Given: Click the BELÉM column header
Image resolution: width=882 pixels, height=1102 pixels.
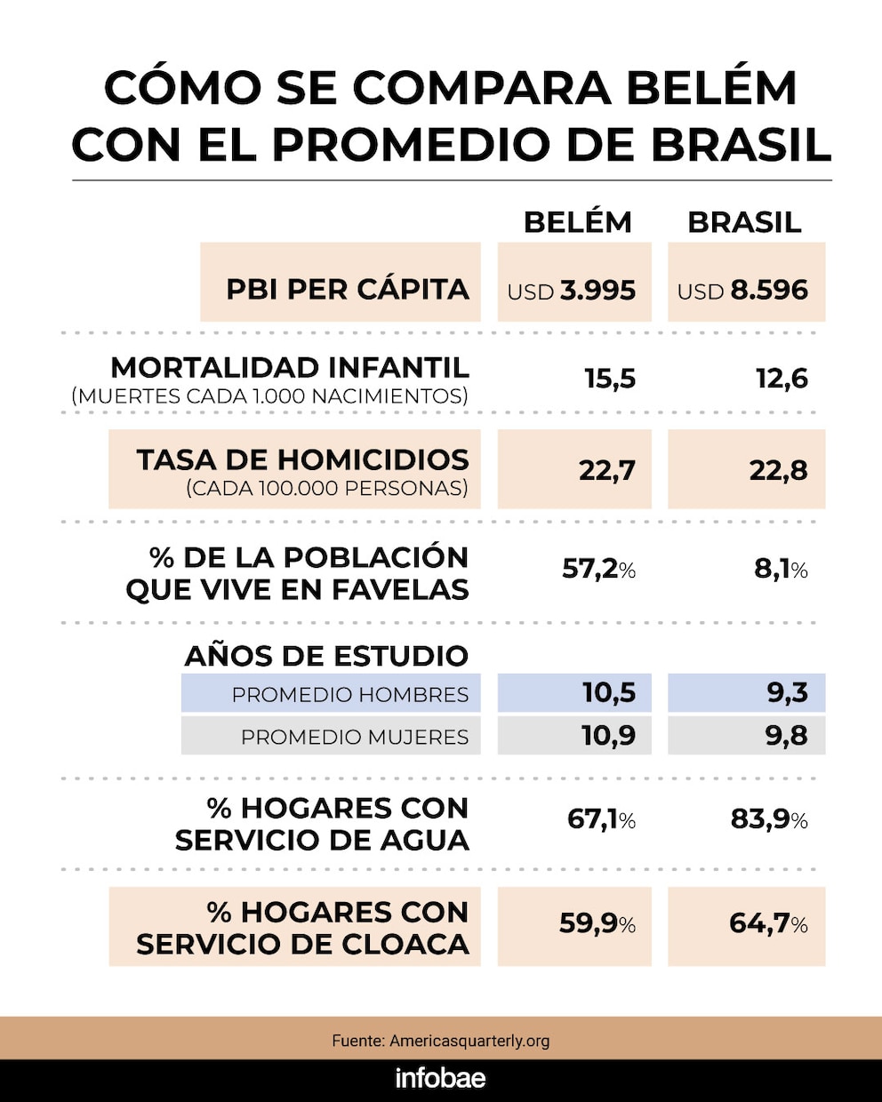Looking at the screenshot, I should coord(577,222).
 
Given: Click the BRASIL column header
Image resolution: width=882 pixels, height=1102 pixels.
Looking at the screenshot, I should coord(744,222).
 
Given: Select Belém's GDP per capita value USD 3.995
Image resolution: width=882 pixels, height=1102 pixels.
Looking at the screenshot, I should coord(572,291).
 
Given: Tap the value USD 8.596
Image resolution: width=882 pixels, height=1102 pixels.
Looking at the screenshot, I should coord(742,291).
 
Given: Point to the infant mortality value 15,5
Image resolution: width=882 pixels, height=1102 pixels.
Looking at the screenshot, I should coord(610,379).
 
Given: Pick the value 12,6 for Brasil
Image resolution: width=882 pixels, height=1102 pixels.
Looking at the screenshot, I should coord(782,379).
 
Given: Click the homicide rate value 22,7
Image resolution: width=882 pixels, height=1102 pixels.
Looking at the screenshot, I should coord(607,469).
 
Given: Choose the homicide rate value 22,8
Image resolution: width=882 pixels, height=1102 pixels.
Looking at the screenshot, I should coord(778,469).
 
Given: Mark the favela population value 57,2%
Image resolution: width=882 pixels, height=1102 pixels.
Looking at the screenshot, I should coord(598,569).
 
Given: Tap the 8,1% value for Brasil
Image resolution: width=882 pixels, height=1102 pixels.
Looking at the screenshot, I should coord(781,569).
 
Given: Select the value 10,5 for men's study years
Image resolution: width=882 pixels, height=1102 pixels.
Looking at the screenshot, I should coord(609,692).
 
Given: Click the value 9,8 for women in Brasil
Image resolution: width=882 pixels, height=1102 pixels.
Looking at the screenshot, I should coord(788,736).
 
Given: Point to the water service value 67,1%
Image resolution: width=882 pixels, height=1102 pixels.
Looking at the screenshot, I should coord(601,819).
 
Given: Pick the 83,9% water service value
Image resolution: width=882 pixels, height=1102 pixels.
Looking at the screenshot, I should coord(769,819).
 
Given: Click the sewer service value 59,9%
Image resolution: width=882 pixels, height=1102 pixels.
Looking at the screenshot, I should coord(597,924).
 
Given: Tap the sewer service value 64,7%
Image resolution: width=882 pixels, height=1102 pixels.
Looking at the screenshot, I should coord(768,924).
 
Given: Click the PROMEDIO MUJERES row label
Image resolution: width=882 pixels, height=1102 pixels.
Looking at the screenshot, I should coord(355,737).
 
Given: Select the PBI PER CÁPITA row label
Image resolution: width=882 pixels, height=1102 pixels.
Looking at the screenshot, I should coord(348,289).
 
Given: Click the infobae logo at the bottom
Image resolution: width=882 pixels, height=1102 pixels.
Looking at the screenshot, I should coord(441,1079).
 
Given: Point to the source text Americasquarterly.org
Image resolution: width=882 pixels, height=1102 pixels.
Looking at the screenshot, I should coord(469,1040).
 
